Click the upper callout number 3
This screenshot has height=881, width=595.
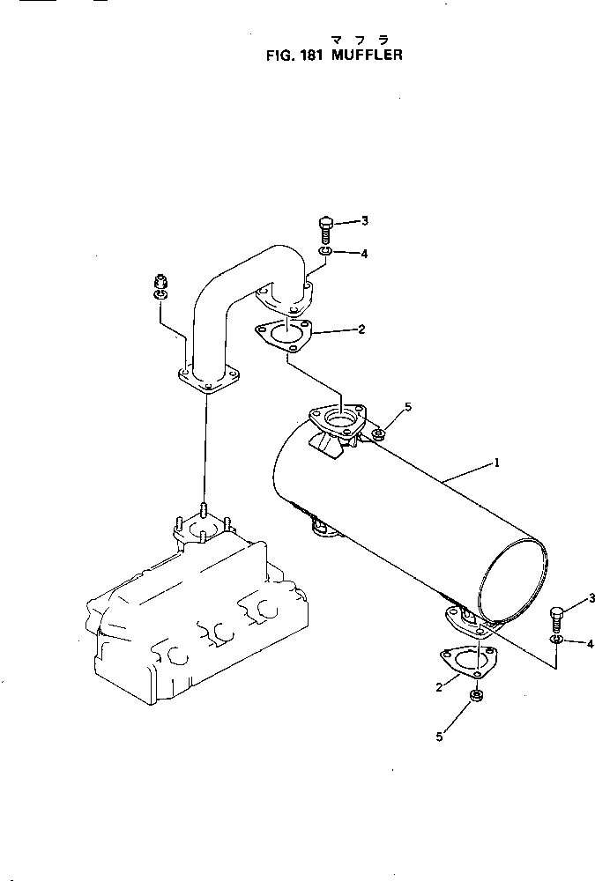pyautogui.click(x=364, y=221)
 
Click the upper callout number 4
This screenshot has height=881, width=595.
pyautogui.click(x=364, y=254)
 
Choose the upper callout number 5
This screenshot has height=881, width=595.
pyautogui.click(x=407, y=407)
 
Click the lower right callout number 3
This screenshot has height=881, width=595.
pyautogui.click(x=591, y=598)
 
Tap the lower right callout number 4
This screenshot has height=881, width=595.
pyautogui.click(x=590, y=644)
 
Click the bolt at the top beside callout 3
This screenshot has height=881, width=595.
pyautogui.click(x=324, y=229)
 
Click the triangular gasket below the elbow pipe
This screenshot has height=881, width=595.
pyautogui.click(x=282, y=337)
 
